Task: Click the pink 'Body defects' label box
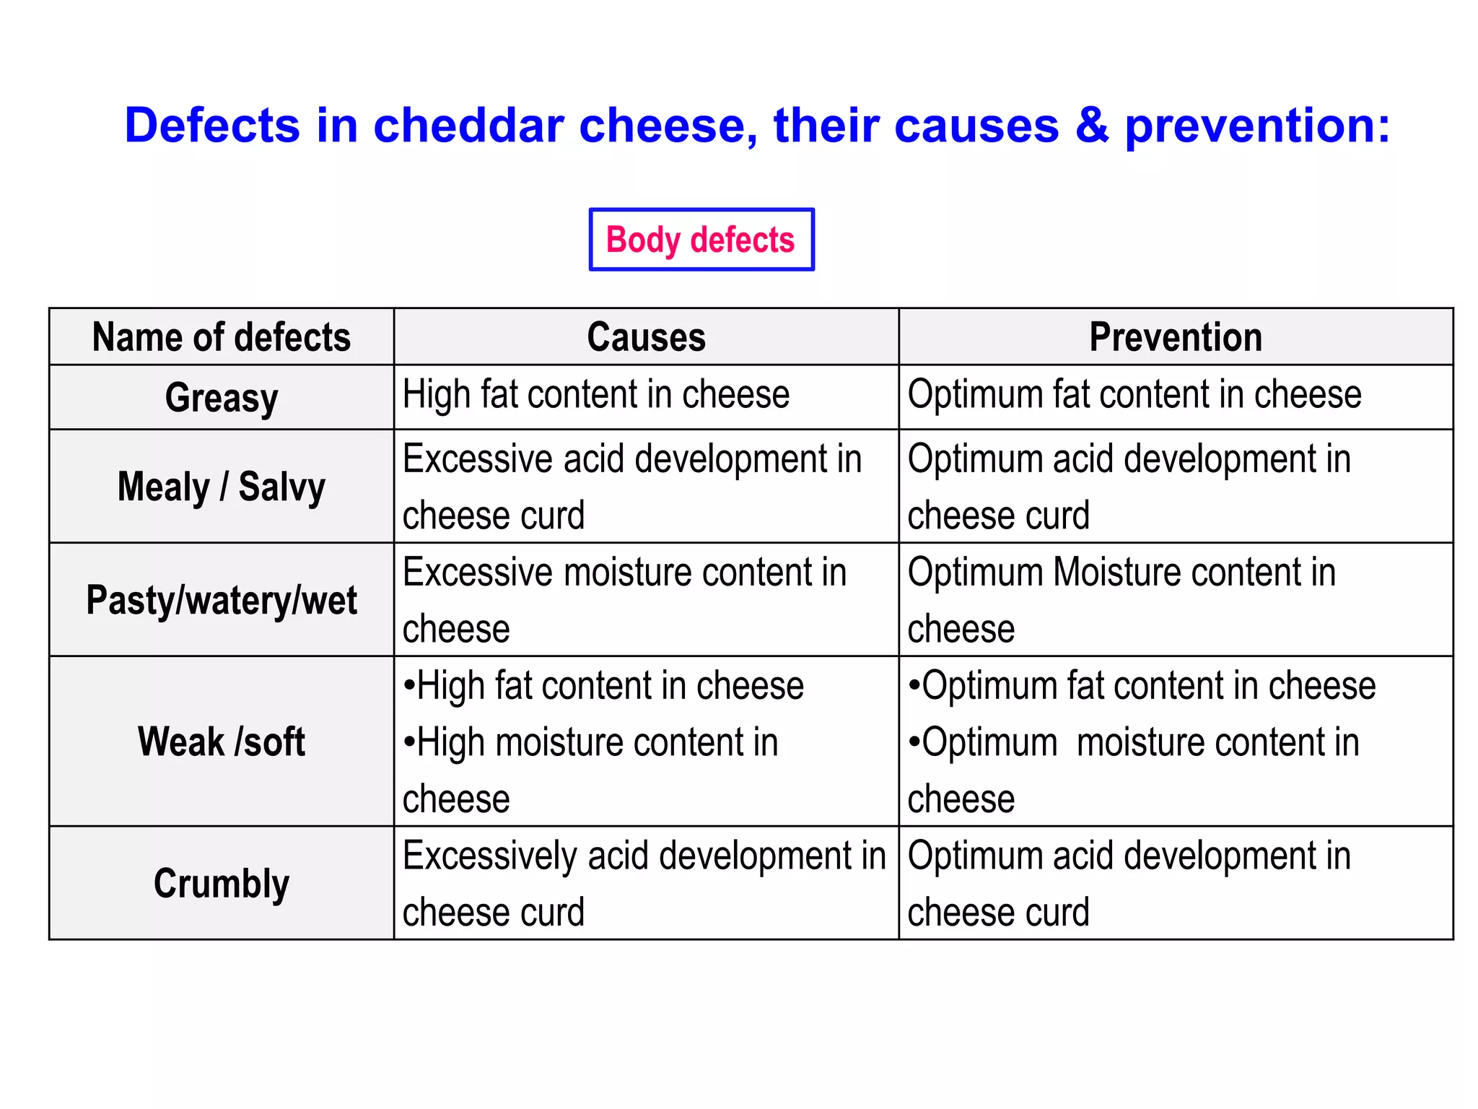701,240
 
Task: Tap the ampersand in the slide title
1091,126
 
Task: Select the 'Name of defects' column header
222,337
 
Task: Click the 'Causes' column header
646,337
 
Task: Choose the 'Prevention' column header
1176,337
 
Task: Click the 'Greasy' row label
222,398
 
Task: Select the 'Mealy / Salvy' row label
222,487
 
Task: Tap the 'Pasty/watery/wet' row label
222,600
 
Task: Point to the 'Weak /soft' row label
222,741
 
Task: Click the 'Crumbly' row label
222,884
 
